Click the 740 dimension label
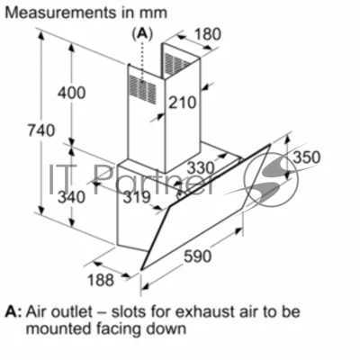click(x=41, y=130)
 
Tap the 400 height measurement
click(x=72, y=93)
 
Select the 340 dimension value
click(x=71, y=197)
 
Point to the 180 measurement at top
click(x=208, y=34)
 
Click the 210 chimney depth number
click(x=182, y=103)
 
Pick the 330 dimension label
click(x=201, y=167)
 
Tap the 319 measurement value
click(x=137, y=197)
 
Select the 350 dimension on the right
click(x=307, y=157)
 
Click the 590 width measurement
click(x=198, y=256)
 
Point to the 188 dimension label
click(x=101, y=280)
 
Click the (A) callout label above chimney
click(x=142, y=34)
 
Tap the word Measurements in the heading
click(x=61, y=13)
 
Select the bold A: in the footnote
click(x=13, y=312)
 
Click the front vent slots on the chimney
click(x=143, y=89)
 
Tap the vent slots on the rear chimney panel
click(x=177, y=63)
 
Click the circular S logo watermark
click(x=271, y=180)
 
